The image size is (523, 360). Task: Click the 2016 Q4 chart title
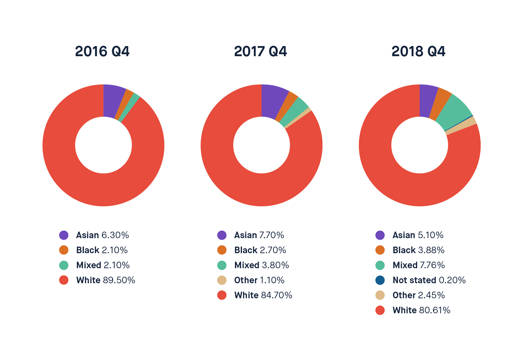(x=102, y=51)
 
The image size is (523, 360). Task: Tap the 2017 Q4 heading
(x=260, y=51)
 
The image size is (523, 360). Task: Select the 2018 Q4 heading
(x=418, y=51)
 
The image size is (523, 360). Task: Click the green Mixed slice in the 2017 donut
(x=295, y=112)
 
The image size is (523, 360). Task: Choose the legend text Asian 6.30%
(x=103, y=235)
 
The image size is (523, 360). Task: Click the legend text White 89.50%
(x=106, y=280)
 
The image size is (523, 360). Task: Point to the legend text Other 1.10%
(x=259, y=280)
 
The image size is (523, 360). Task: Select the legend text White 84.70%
(x=263, y=295)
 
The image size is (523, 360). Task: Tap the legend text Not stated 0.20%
(x=429, y=280)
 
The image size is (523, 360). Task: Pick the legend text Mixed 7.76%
(x=419, y=265)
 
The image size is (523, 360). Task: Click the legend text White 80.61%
(x=421, y=310)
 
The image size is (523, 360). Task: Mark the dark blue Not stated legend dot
(x=380, y=280)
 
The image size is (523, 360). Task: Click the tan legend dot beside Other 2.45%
(x=380, y=295)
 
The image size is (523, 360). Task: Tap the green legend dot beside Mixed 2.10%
(x=64, y=265)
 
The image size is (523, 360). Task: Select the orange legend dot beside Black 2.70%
(x=222, y=250)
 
